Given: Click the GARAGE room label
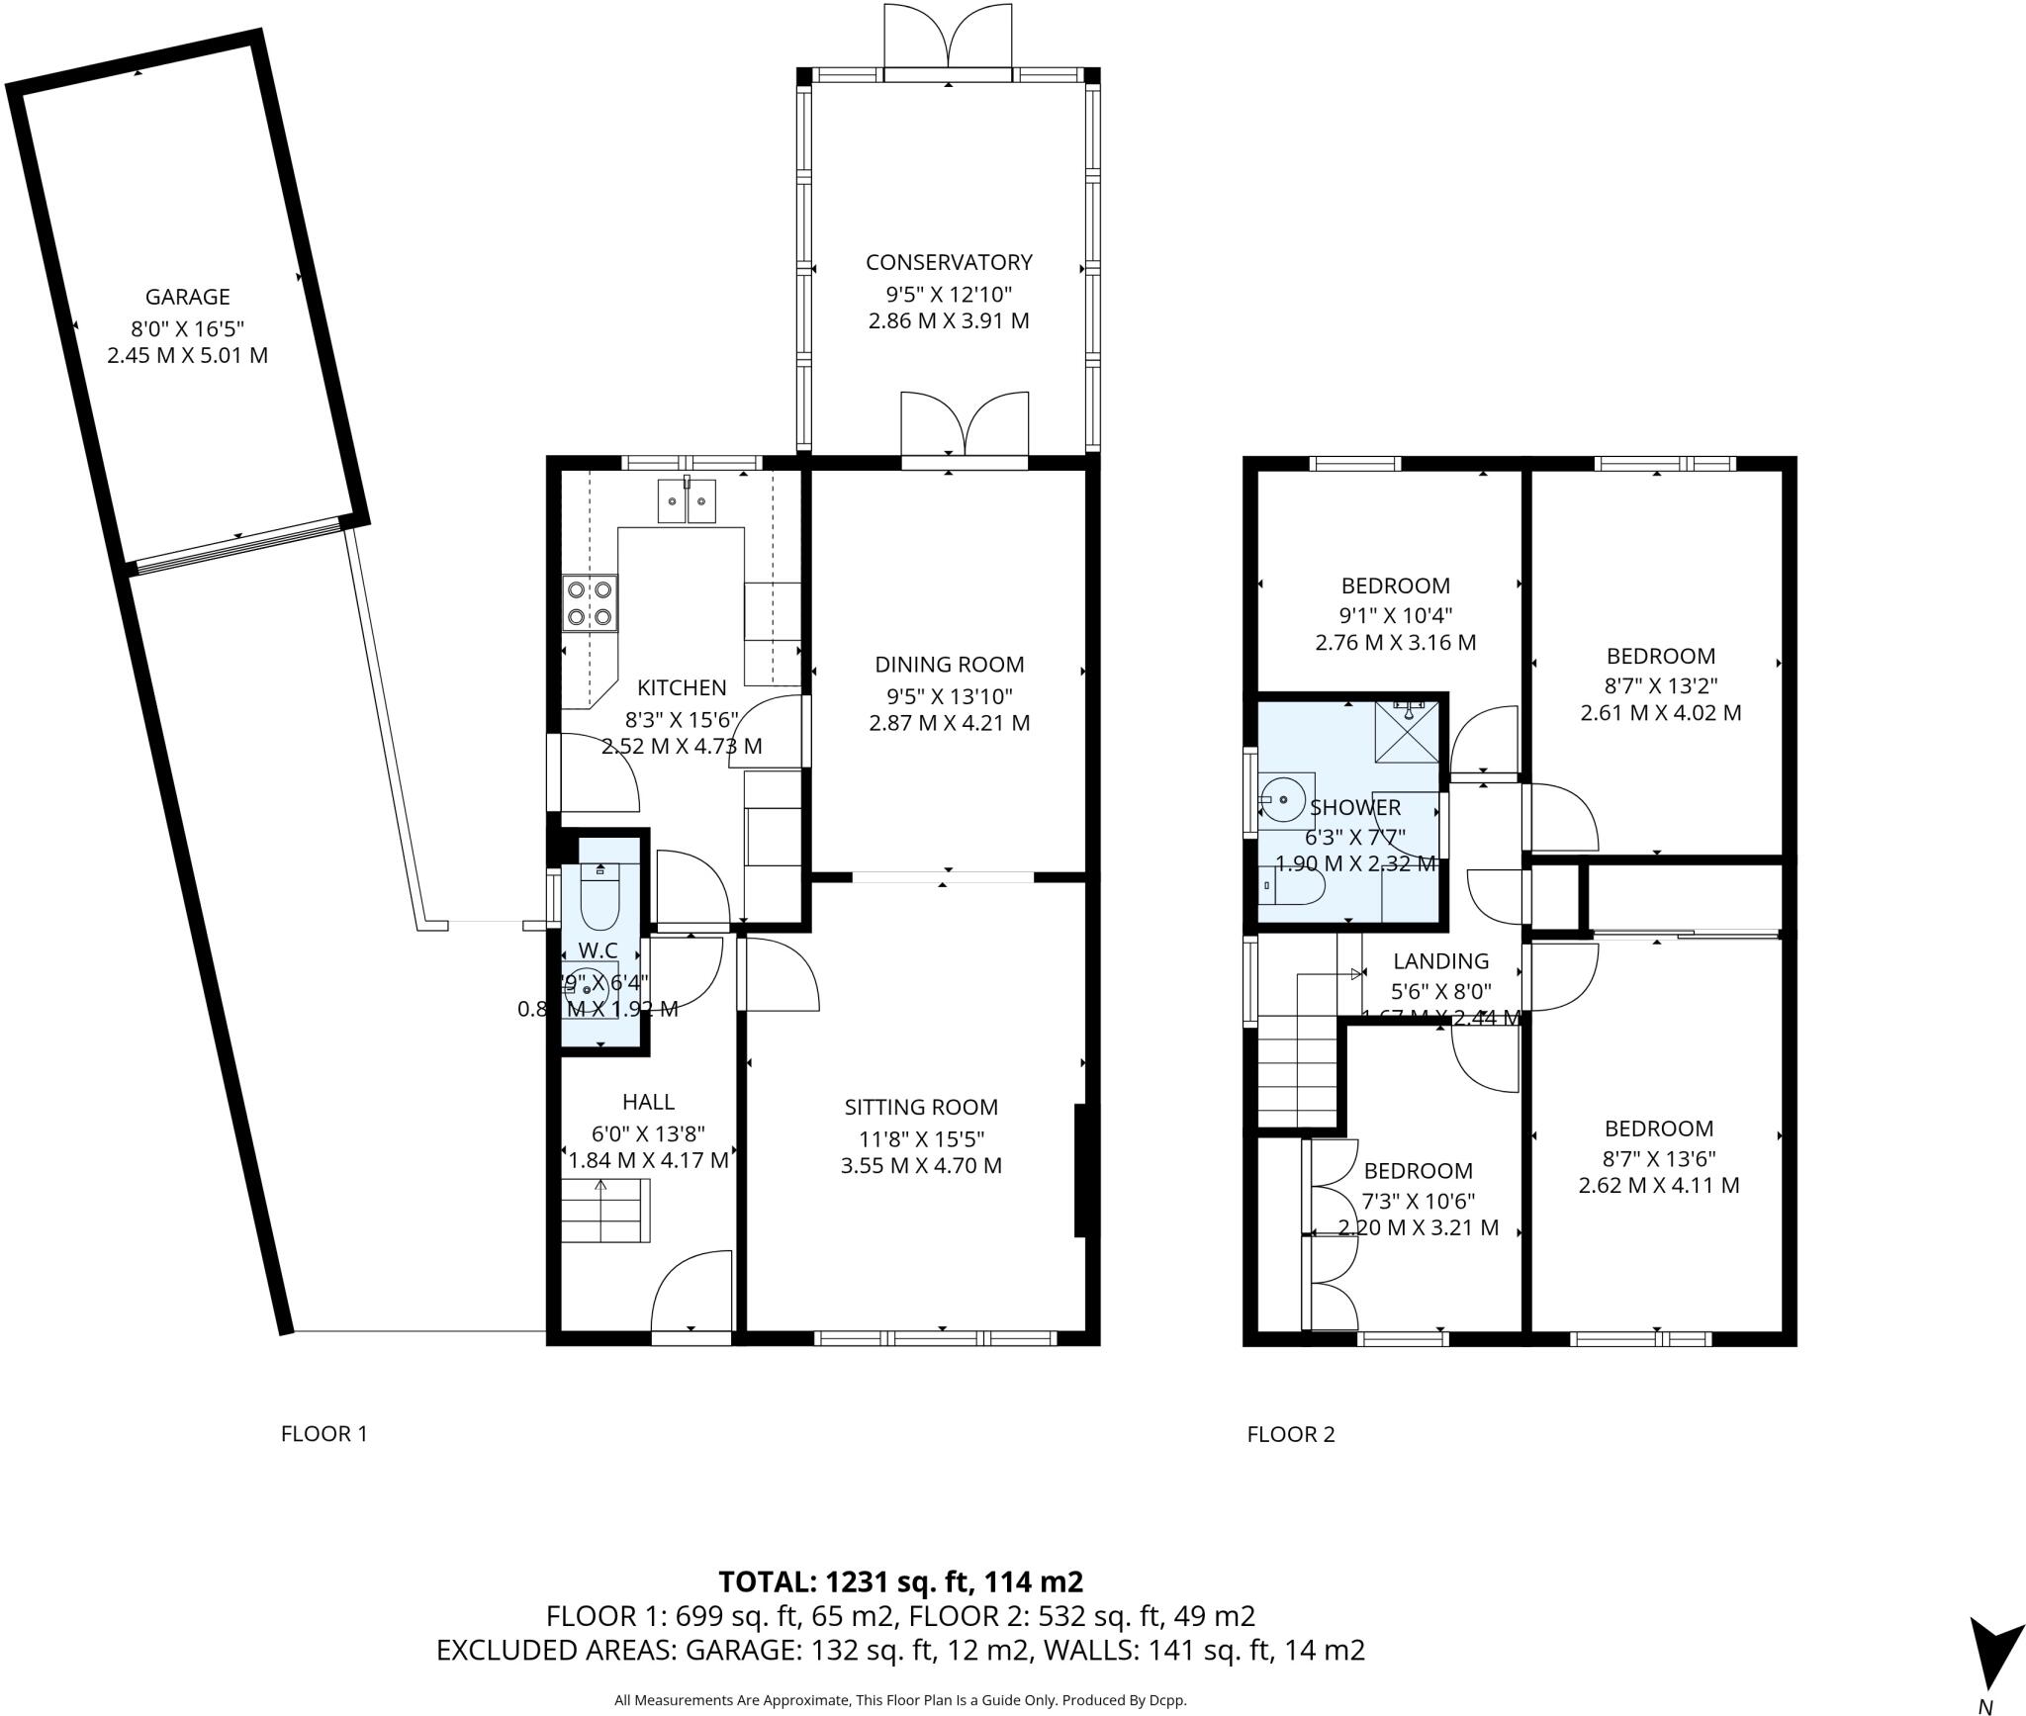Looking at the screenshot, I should (x=187, y=297).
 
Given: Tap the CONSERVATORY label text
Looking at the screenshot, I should (x=948, y=262).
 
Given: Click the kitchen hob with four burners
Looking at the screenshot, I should (x=590, y=603).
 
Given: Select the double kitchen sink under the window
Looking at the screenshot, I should (x=687, y=501).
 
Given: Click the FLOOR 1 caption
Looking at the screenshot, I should (x=323, y=1434).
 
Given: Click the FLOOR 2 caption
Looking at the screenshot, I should (x=1290, y=1434).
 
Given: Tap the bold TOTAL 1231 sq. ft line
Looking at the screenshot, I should (x=900, y=1582).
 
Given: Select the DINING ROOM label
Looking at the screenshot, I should (x=949, y=665).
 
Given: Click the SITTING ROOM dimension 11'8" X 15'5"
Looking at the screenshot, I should (x=921, y=1137).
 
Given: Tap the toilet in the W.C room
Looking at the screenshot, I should (x=599, y=896).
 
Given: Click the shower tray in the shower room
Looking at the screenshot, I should (x=1408, y=732).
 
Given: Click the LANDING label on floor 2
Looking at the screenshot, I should (x=1440, y=961).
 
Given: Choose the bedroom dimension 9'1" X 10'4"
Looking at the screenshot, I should (x=1395, y=614).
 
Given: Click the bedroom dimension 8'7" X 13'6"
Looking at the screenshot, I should (x=1658, y=1157).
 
